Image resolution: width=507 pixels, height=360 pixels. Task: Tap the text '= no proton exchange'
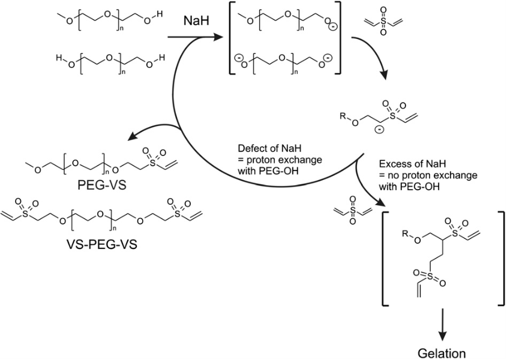pyautogui.click(x=427, y=175)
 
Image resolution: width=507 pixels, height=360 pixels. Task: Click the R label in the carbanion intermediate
pyautogui.click(x=343, y=110)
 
